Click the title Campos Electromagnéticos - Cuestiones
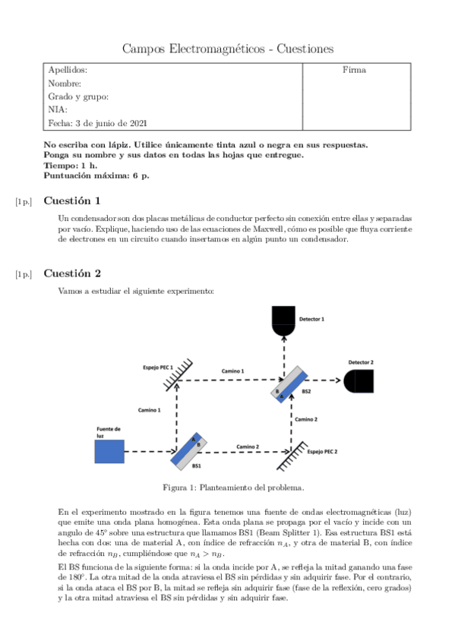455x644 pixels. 228,49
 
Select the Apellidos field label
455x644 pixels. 68,70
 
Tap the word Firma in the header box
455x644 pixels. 354,70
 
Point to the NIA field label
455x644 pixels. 58,110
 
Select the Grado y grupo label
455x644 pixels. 78,96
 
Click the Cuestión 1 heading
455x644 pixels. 72,201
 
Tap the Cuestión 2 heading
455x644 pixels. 72,273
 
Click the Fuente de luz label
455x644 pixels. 108,432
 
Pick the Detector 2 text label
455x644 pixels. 361,362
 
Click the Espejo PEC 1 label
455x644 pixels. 158,367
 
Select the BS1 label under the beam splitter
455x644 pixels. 196,466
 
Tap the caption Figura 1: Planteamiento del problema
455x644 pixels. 228,487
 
